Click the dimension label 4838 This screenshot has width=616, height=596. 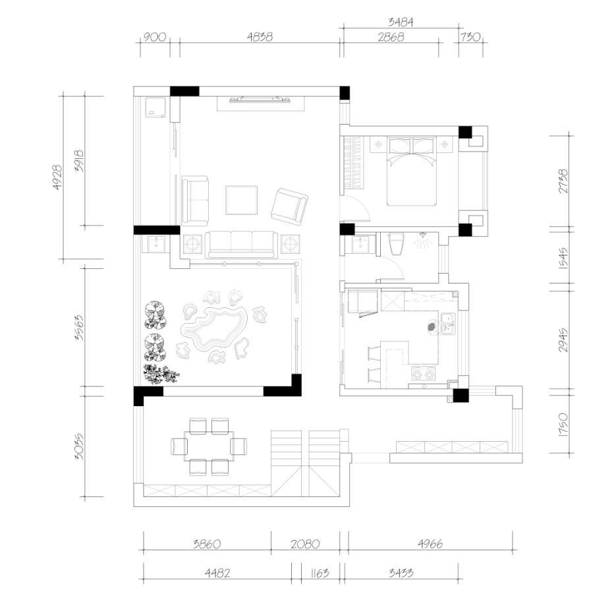coord(260,36)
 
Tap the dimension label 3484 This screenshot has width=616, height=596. coord(401,22)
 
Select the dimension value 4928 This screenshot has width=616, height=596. coord(57,177)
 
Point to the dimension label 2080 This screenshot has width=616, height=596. coord(305,544)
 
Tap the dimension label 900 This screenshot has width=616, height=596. coord(154,37)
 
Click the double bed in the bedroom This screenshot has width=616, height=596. coord(411,171)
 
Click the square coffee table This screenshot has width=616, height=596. coord(241,200)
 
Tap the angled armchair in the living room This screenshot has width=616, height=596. coord(289,206)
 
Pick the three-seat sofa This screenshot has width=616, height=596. coord(241,245)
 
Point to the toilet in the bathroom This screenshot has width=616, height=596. coord(395,244)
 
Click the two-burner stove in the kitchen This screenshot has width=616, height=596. coord(423,374)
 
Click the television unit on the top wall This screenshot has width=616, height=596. coord(261,100)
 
